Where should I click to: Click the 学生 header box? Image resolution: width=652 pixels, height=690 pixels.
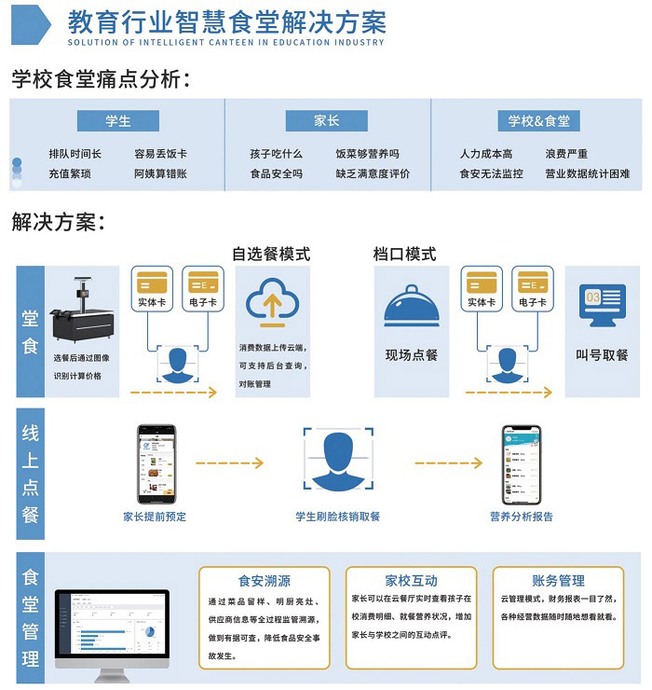click(x=118, y=121)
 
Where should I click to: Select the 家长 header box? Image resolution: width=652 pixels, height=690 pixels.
click(x=326, y=121)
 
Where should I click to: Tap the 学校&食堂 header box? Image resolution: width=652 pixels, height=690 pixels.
click(x=538, y=121)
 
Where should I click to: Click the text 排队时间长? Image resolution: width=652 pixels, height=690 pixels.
click(x=75, y=154)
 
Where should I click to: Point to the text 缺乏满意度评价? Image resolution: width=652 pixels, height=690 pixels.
click(x=373, y=173)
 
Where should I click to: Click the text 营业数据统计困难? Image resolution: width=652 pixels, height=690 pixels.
click(x=587, y=173)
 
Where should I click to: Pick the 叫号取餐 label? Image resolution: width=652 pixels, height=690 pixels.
click(x=602, y=355)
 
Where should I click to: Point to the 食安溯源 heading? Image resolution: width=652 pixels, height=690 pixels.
click(x=264, y=580)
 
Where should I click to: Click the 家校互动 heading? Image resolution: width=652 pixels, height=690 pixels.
click(x=411, y=580)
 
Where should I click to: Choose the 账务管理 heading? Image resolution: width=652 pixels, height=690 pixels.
click(x=558, y=580)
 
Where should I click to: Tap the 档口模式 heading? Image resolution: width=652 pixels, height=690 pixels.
click(x=404, y=254)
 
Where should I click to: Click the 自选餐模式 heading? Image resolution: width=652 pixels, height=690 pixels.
click(x=271, y=254)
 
